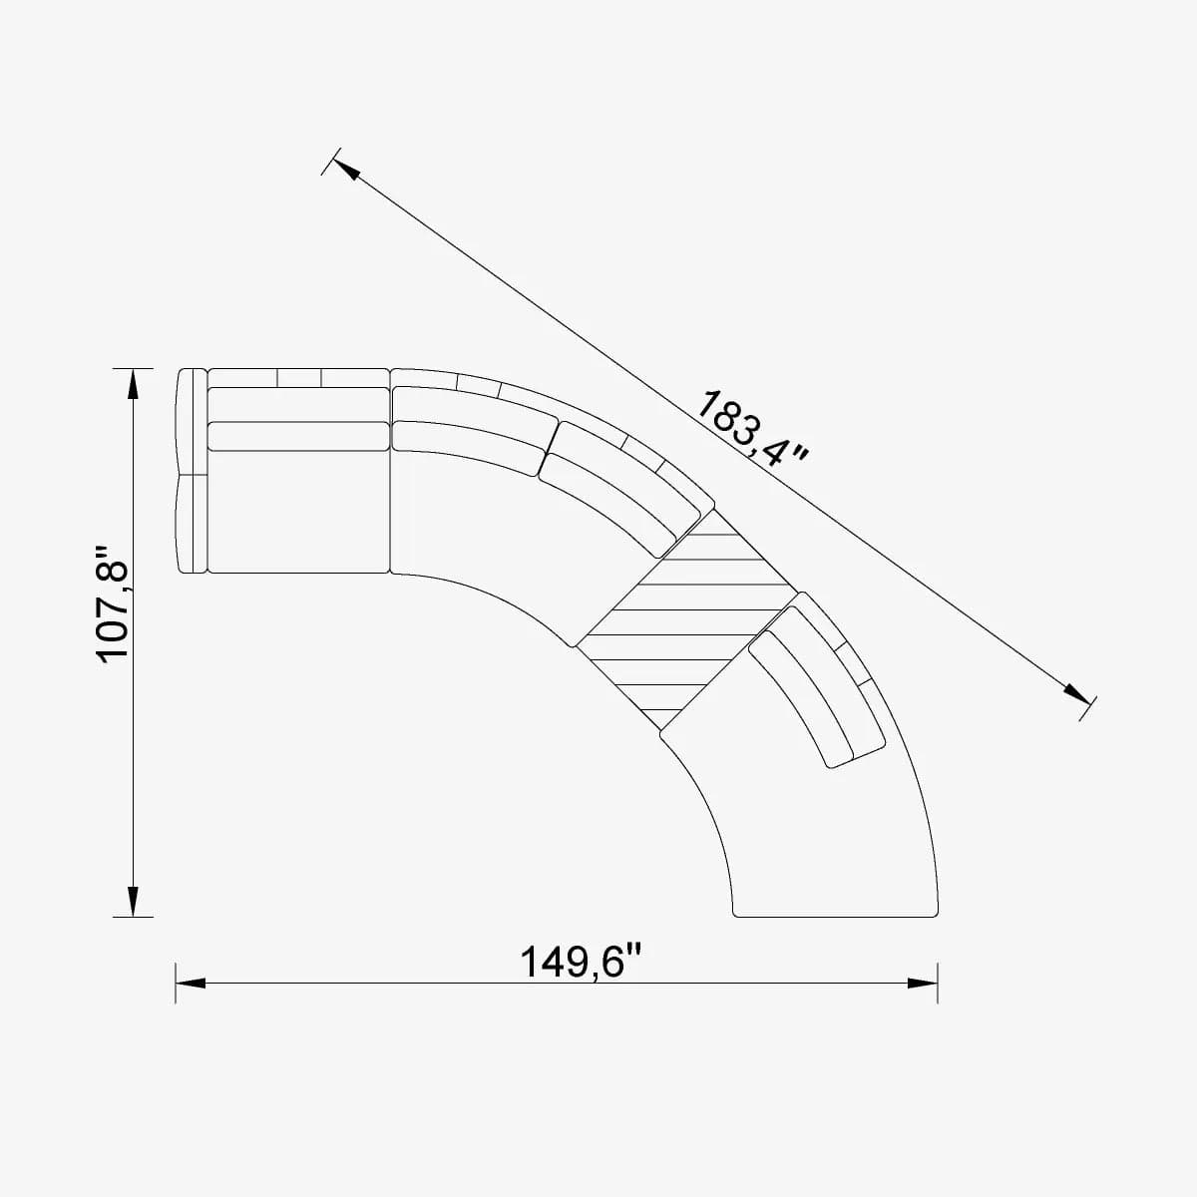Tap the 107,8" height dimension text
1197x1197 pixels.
[115, 602]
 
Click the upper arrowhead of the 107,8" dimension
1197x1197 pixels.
[133, 380]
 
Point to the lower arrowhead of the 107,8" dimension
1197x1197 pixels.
[133, 904]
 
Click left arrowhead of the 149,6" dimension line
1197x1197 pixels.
[190, 984]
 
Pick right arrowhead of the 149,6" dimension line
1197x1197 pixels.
[924, 984]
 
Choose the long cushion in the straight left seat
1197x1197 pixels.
[297, 436]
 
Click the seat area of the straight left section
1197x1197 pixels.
[297, 514]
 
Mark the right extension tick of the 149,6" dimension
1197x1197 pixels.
[938, 983]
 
